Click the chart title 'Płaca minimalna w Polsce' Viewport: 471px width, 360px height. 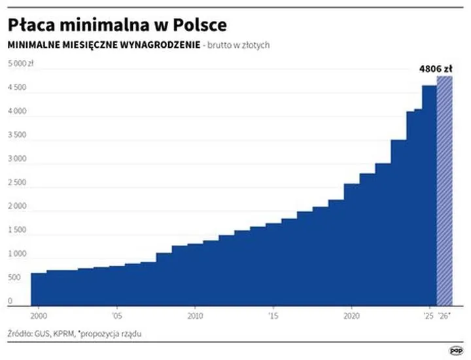tap(117, 25)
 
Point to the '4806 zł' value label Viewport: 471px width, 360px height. tap(435, 67)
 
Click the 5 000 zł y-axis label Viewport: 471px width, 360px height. tap(21, 63)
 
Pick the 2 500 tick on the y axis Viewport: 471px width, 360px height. tap(17, 183)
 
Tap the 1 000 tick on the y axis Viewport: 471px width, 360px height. tap(17, 254)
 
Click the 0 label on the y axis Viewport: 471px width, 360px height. tap(10, 302)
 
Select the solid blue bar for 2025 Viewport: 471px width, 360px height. tap(429, 196)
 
